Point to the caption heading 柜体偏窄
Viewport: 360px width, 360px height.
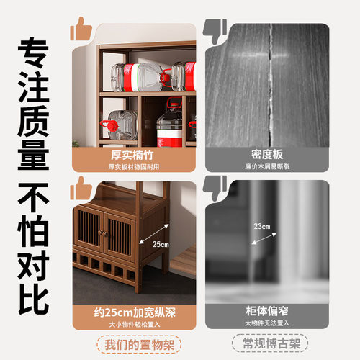pos(268,314)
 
